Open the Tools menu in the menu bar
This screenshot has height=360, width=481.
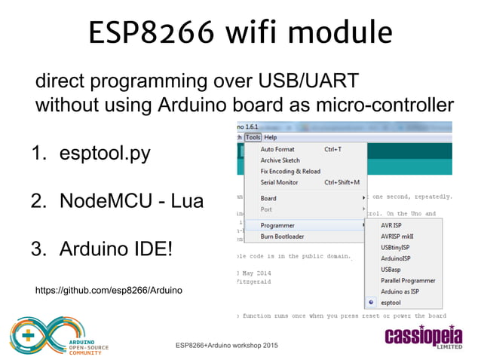click(x=253, y=138)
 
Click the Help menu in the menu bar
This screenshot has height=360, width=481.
click(x=271, y=138)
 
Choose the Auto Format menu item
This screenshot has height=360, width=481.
click(x=277, y=149)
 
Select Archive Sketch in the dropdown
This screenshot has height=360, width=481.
click(x=280, y=160)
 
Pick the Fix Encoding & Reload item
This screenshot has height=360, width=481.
click(x=290, y=171)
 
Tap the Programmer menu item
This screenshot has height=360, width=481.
click(x=277, y=225)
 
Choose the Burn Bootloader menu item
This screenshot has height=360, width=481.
click(x=282, y=236)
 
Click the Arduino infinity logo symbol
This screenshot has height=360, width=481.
click(x=35, y=337)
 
